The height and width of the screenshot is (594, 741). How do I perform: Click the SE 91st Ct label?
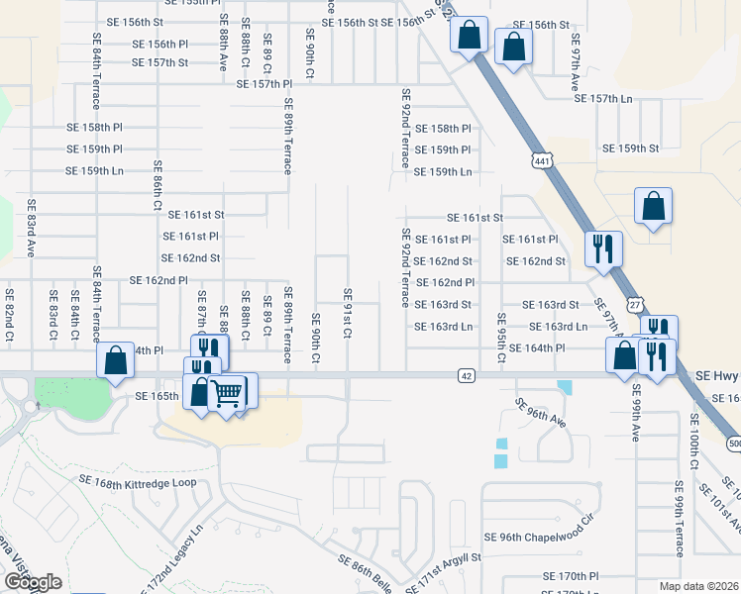[x=348, y=313]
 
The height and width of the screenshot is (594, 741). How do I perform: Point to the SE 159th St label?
[x=630, y=148]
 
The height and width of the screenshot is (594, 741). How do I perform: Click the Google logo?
[x=33, y=582]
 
